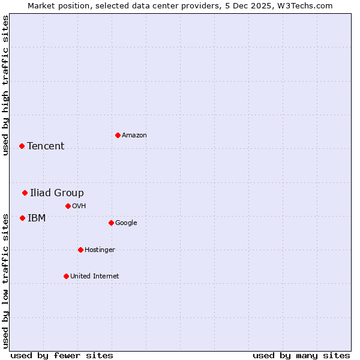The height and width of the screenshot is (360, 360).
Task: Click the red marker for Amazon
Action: [118, 135]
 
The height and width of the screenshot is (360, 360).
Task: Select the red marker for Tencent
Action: [22, 146]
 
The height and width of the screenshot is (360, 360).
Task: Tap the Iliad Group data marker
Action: [25, 193]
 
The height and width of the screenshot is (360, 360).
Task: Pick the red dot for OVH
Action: [68, 206]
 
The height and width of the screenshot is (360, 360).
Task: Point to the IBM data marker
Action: [22, 218]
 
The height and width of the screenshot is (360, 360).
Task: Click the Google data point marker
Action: [111, 223]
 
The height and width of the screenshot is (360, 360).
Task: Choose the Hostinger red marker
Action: [80, 250]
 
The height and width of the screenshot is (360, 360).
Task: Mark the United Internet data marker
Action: [66, 276]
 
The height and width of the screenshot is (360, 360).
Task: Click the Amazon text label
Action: [134, 135]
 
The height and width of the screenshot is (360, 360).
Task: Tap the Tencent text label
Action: [46, 146]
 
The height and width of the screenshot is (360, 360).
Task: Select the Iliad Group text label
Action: [57, 193]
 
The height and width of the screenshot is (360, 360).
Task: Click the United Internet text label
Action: [95, 276]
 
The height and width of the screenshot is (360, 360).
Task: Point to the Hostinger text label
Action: [100, 250]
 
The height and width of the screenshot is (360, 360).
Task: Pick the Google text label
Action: [126, 223]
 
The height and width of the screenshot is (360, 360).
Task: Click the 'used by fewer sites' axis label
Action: [62, 355]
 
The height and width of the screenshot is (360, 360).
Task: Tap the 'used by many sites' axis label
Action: [301, 355]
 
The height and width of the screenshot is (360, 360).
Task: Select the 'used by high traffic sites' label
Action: [5, 85]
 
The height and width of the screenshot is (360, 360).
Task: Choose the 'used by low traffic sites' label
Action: [5, 280]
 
